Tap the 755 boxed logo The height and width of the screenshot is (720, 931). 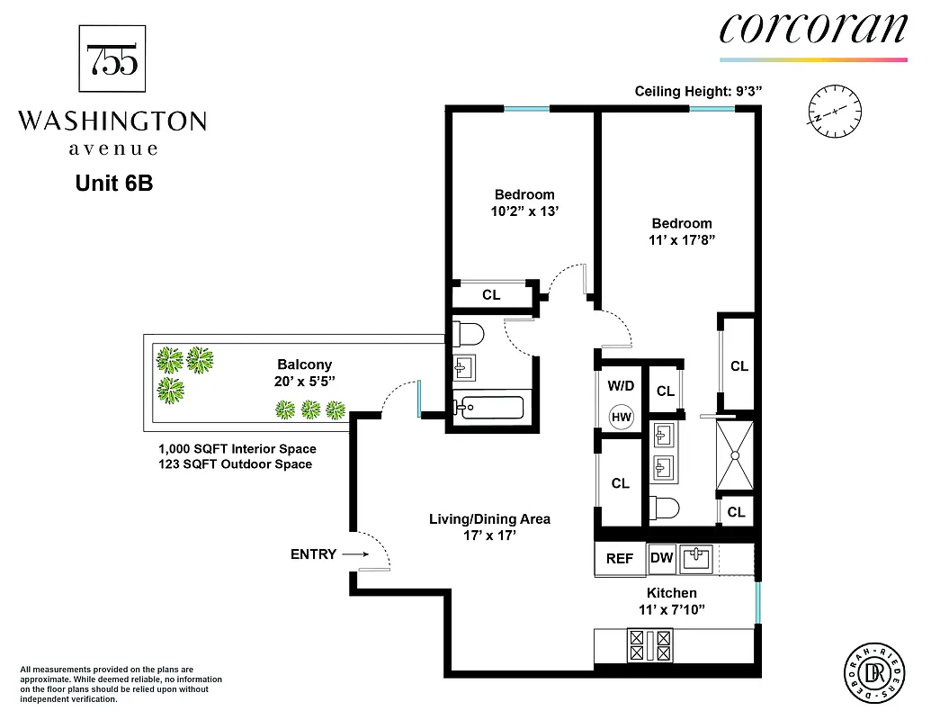pyautogui.click(x=112, y=58)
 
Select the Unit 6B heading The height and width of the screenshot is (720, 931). pyautogui.click(x=113, y=183)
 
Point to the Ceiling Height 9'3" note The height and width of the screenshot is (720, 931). pyautogui.click(x=699, y=91)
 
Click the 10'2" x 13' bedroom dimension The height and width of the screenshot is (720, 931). pyautogui.click(x=524, y=212)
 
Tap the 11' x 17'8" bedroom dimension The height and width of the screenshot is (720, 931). pyautogui.click(x=682, y=241)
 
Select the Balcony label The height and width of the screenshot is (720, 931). pyautogui.click(x=304, y=364)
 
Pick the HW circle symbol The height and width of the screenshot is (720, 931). pyautogui.click(x=621, y=417)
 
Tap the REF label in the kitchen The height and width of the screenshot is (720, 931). pyautogui.click(x=619, y=558)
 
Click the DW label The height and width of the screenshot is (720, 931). pyautogui.click(x=661, y=558)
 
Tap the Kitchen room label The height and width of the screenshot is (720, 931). pyautogui.click(x=671, y=593)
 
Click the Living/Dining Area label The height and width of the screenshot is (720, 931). pyautogui.click(x=488, y=519)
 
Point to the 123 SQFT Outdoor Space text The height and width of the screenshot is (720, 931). pyautogui.click(x=235, y=464)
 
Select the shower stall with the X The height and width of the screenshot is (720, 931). pyautogui.click(x=735, y=455)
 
